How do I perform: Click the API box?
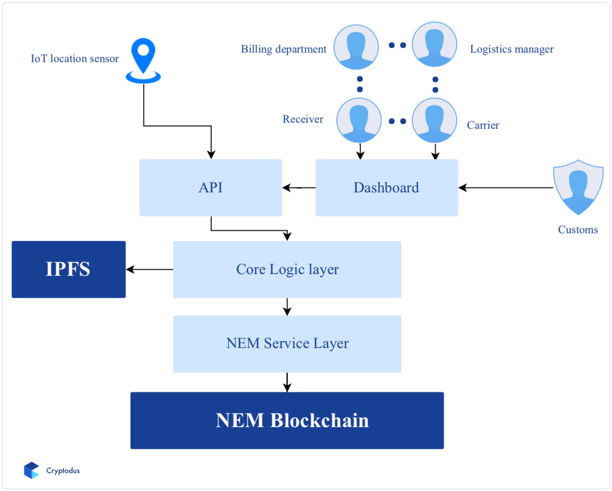[x=211, y=188]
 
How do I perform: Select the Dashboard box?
[x=386, y=188]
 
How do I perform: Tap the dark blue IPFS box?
[x=68, y=269]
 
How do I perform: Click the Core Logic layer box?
[x=287, y=269]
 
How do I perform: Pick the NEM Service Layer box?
[x=287, y=344]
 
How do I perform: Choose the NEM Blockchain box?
[x=287, y=420]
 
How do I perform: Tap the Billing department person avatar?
[x=356, y=47]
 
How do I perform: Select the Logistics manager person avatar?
[x=435, y=44]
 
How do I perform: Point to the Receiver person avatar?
[x=359, y=120]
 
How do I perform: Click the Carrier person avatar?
[x=435, y=120]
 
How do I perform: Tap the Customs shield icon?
[x=578, y=187]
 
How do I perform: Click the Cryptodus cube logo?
[x=31, y=470]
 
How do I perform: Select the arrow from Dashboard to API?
[x=299, y=188]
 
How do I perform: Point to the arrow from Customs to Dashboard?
[x=505, y=188]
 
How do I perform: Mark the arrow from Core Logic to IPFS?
[x=150, y=270]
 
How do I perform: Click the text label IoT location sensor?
[x=74, y=58]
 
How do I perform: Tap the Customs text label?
[x=578, y=230]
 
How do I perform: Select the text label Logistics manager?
[x=511, y=49]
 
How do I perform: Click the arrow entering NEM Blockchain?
[x=287, y=382]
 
